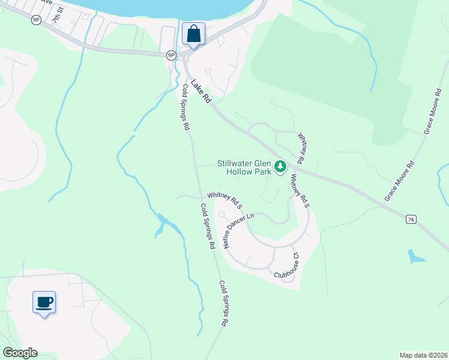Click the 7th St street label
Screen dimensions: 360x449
(57, 16)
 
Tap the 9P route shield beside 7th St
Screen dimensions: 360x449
(36, 20)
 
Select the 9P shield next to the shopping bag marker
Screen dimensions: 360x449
(171, 55)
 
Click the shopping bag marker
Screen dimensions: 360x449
(193, 34)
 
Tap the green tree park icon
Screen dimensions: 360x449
(280, 166)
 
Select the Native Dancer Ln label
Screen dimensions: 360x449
(238, 230)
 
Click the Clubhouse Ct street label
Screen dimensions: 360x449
(287, 265)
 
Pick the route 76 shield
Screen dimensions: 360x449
(411, 220)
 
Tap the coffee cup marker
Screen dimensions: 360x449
(44, 302)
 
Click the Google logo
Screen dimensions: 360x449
(20, 353)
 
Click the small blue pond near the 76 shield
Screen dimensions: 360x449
(415, 257)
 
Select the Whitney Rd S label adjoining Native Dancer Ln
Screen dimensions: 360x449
(224, 200)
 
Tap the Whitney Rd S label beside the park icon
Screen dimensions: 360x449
(300, 191)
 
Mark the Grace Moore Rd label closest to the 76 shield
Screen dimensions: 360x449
(399, 180)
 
